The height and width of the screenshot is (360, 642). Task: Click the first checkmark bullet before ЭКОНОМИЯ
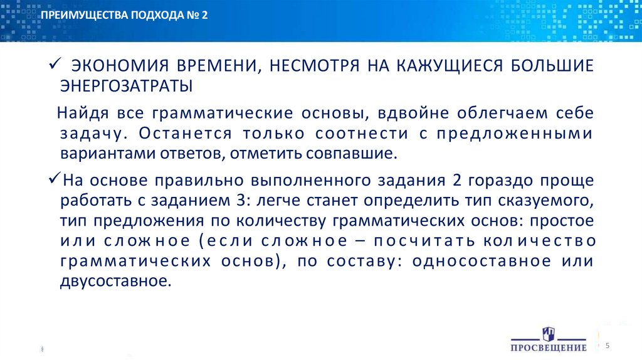pyautogui.click(x=54, y=66)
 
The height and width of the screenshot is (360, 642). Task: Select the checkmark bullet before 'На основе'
pyautogui.click(x=54, y=181)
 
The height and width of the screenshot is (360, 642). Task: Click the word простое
pyautogui.click(x=563, y=221)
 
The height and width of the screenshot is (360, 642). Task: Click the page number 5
pyautogui.click(x=608, y=346)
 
